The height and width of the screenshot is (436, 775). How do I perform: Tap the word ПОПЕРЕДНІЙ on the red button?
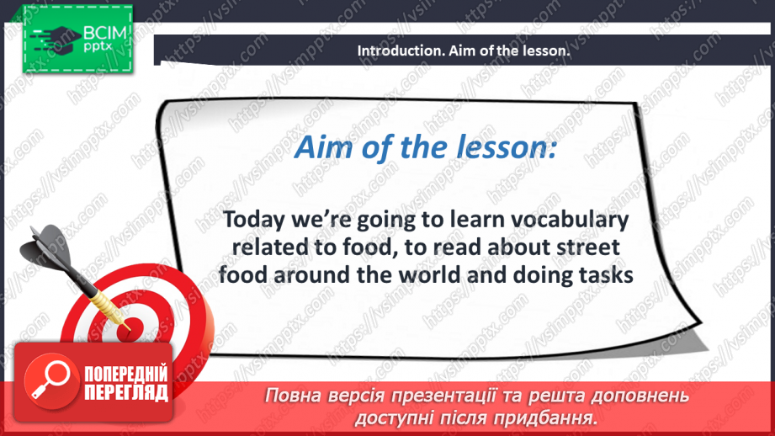126,374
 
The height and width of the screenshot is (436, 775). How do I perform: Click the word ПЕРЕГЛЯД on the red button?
126,392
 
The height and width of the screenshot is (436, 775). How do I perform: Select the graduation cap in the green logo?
57,38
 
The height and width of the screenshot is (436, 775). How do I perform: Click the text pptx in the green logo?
98,47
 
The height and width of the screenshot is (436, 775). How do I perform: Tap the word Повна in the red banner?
289,396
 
